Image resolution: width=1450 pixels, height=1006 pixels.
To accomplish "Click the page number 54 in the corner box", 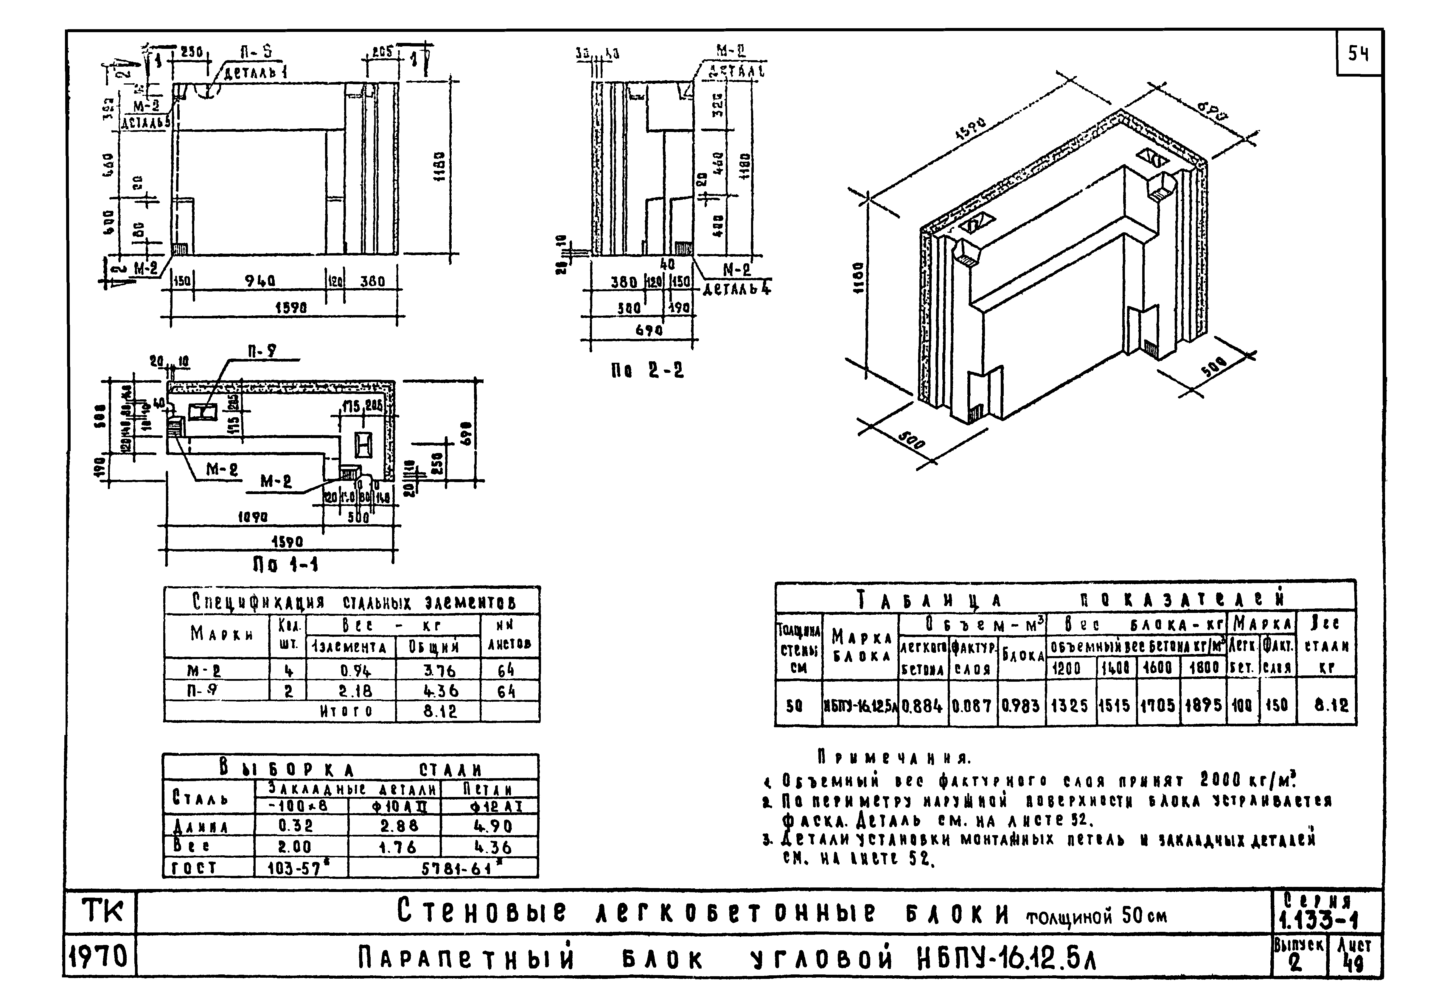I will click(x=1359, y=54).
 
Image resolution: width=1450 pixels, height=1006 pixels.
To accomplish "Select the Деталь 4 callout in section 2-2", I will click(x=736, y=289).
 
